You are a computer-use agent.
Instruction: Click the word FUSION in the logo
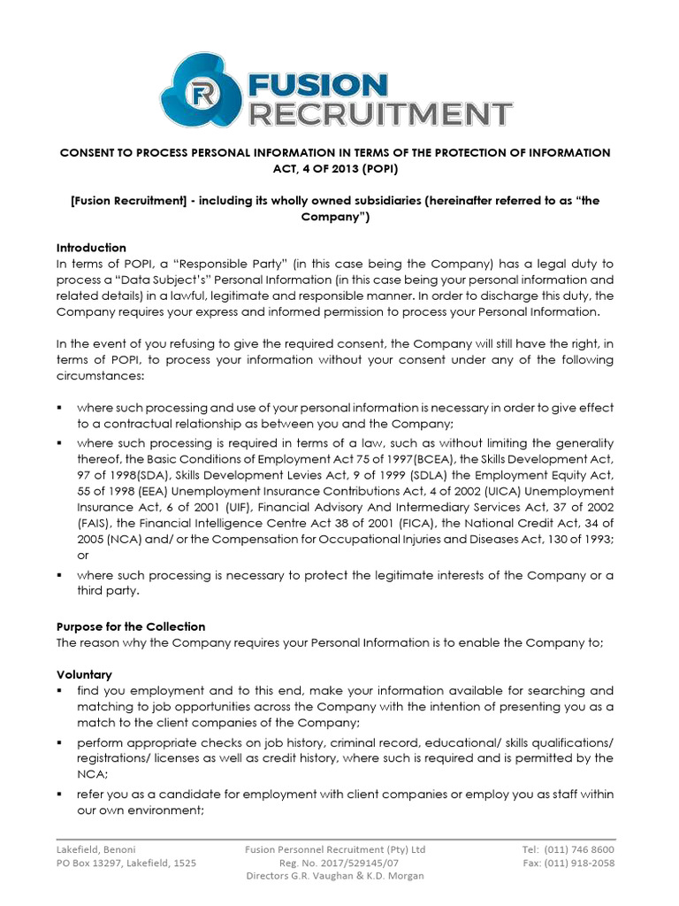point(318,85)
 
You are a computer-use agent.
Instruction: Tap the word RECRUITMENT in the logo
point(380,114)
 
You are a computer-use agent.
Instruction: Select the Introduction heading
point(91,248)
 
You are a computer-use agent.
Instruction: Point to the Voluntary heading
point(84,674)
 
